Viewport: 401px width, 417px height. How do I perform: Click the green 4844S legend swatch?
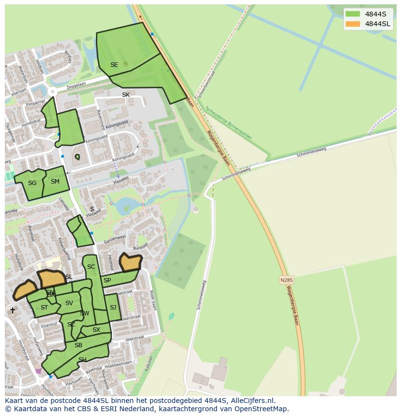(x=353, y=14)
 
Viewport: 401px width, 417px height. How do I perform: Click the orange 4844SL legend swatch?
(x=353, y=24)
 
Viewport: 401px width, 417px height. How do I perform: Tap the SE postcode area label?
(x=114, y=65)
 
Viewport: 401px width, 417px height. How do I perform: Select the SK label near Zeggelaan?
(x=126, y=95)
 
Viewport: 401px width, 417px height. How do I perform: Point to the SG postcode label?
(x=32, y=183)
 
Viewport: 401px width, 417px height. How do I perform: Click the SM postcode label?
(x=55, y=182)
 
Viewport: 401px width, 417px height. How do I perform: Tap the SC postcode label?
(x=91, y=267)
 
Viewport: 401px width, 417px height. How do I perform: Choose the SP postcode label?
(x=107, y=280)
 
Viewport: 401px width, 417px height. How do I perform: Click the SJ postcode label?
(x=113, y=308)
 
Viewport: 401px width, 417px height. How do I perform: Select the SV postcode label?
(x=69, y=303)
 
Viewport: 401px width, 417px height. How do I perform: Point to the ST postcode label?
(x=44, y=308)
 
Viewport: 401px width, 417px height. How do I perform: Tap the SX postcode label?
(x=96, y=330)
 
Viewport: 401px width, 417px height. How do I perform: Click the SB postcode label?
(x=78, y=345)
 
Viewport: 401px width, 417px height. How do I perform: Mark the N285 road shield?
(x=287, y=280)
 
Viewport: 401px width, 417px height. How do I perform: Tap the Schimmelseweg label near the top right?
(x=311, y=152)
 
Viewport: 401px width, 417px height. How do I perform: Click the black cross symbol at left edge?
(x=13, y=310)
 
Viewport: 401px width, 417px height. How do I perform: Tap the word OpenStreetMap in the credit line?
(x=262, y=409)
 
